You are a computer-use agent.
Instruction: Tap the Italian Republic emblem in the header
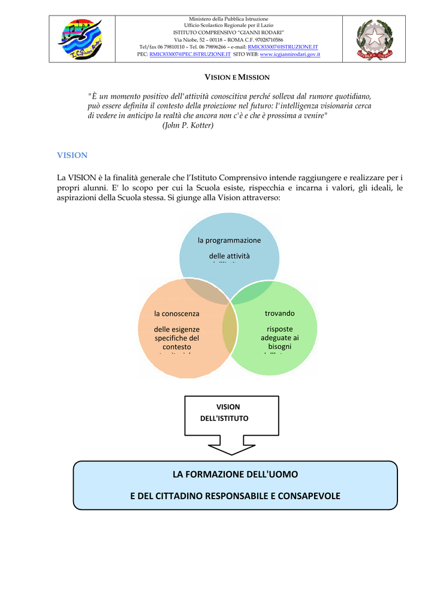coord(375,40)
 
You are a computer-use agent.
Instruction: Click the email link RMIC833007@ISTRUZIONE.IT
coord(282,47)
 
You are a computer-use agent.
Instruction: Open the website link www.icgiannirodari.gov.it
coord(290,54)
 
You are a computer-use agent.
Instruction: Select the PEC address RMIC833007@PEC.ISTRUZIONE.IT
coord(189,54)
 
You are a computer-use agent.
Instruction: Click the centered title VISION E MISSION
coord(237,77)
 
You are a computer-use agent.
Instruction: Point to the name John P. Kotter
coord(188,125)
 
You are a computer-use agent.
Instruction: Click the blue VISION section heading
coord(72,155)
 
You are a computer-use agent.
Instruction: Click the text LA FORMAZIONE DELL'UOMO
coord(235,474)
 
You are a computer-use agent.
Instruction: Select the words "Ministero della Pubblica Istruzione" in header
coord(228,19)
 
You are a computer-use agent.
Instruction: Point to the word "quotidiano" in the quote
coord(352,96)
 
